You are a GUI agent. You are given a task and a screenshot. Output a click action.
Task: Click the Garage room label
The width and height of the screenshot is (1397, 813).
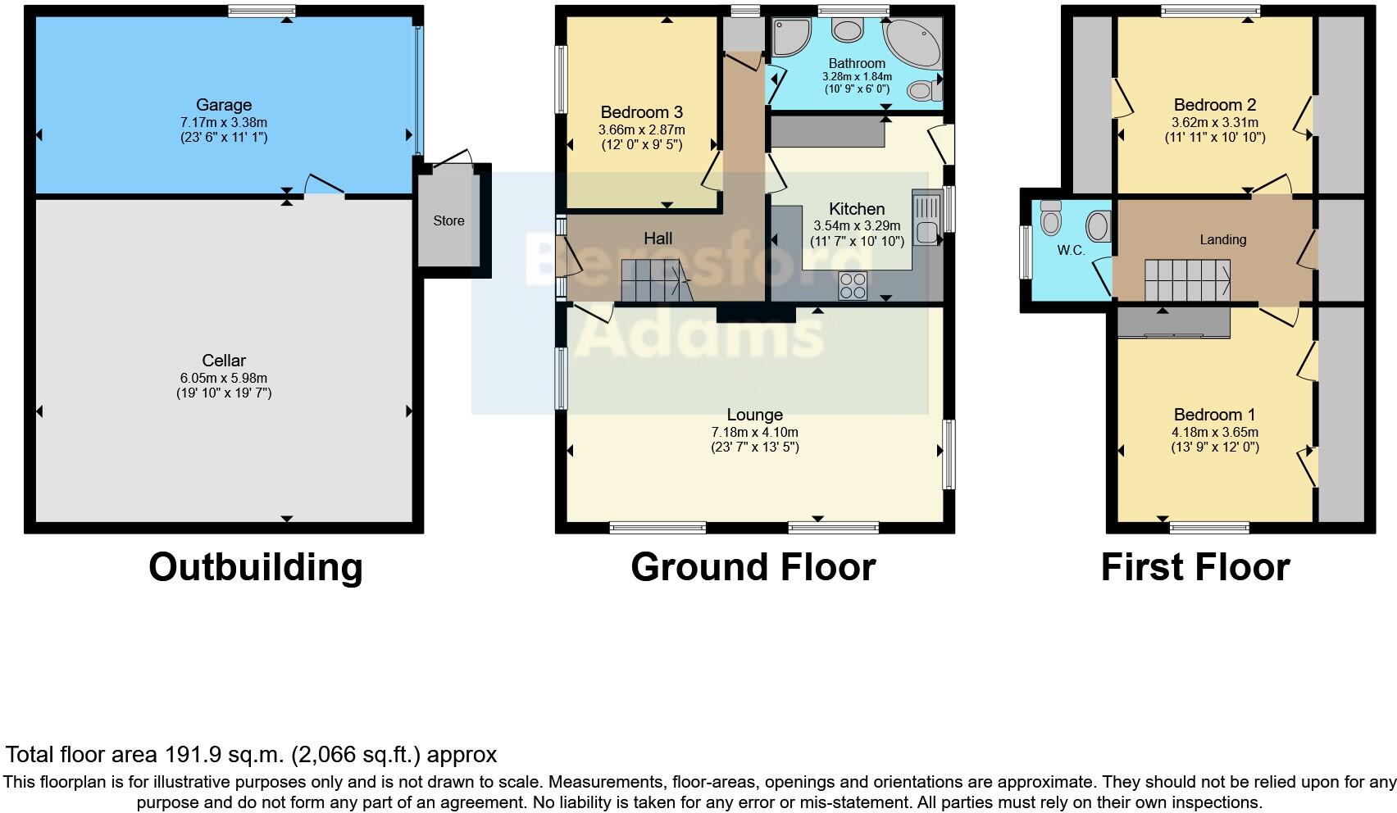coord(223,105)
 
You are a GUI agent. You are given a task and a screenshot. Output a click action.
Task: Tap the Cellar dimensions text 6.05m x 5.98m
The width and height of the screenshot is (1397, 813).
coord(224,378)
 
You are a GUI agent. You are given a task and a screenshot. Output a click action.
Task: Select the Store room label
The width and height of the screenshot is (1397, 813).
coord(448,220)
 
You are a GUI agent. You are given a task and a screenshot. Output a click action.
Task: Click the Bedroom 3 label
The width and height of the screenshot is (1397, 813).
coord(641,112)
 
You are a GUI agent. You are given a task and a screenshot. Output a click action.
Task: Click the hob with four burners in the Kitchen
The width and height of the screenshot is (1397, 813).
coord(853,285)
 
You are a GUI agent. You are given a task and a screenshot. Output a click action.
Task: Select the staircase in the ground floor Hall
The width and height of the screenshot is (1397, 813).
coord(654,280)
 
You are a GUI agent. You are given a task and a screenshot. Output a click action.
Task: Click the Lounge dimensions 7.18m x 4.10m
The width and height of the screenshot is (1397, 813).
coord(754,432)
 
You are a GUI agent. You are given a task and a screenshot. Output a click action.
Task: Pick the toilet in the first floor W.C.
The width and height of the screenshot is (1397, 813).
coord(1050,217)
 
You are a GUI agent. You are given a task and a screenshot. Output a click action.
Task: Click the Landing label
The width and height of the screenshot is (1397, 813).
coord(1222,239)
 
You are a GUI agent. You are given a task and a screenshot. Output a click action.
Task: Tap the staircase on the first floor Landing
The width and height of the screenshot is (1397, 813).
coord(1187,280)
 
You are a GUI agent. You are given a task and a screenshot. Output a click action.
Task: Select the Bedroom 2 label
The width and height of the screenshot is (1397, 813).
coord(1214,105)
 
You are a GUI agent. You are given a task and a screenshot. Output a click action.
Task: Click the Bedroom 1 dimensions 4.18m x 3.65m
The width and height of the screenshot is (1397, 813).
coord(1214,432)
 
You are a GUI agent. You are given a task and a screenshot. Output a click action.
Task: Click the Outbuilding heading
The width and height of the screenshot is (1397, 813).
coord(255,567)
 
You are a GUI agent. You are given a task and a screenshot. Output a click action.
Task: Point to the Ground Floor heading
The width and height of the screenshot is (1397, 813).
coord(753,567)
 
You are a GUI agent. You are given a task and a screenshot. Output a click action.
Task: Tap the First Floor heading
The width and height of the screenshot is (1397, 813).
coord(1195,567)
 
